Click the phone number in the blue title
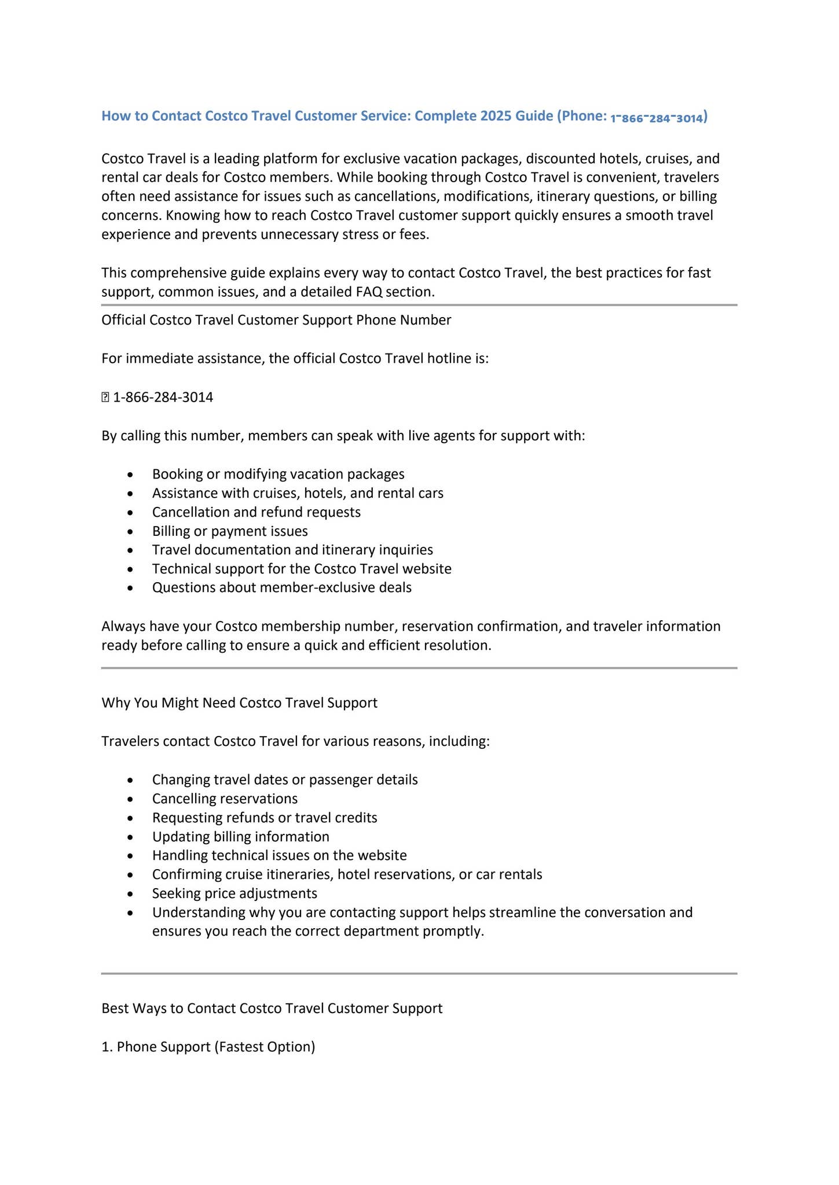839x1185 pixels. tap(657, 118)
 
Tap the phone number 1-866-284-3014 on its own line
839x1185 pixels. tap(163, 398)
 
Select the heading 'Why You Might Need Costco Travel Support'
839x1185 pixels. tap(239, 702)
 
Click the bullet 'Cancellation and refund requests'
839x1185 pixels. tap(256, 512)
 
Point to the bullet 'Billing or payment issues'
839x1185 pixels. tap(230, 531)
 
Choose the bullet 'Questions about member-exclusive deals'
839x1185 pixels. tap(281, 588)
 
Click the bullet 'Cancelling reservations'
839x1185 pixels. tap(225, 798)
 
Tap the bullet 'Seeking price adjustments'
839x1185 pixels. tap(235, 893)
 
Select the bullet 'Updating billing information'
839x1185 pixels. tap(240, 837)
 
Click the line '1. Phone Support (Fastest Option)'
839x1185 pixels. tap(208, 1047)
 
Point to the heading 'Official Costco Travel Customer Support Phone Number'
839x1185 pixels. tap(276, 320)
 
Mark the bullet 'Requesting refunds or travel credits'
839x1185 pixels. tap(265, 818)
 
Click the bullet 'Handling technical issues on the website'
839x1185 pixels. tap(279, 855)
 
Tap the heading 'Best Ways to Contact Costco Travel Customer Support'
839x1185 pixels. tap(272, 1009)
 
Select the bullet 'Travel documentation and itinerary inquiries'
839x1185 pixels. tap(292, 550)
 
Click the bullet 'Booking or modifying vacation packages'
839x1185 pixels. tap(278, 474)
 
